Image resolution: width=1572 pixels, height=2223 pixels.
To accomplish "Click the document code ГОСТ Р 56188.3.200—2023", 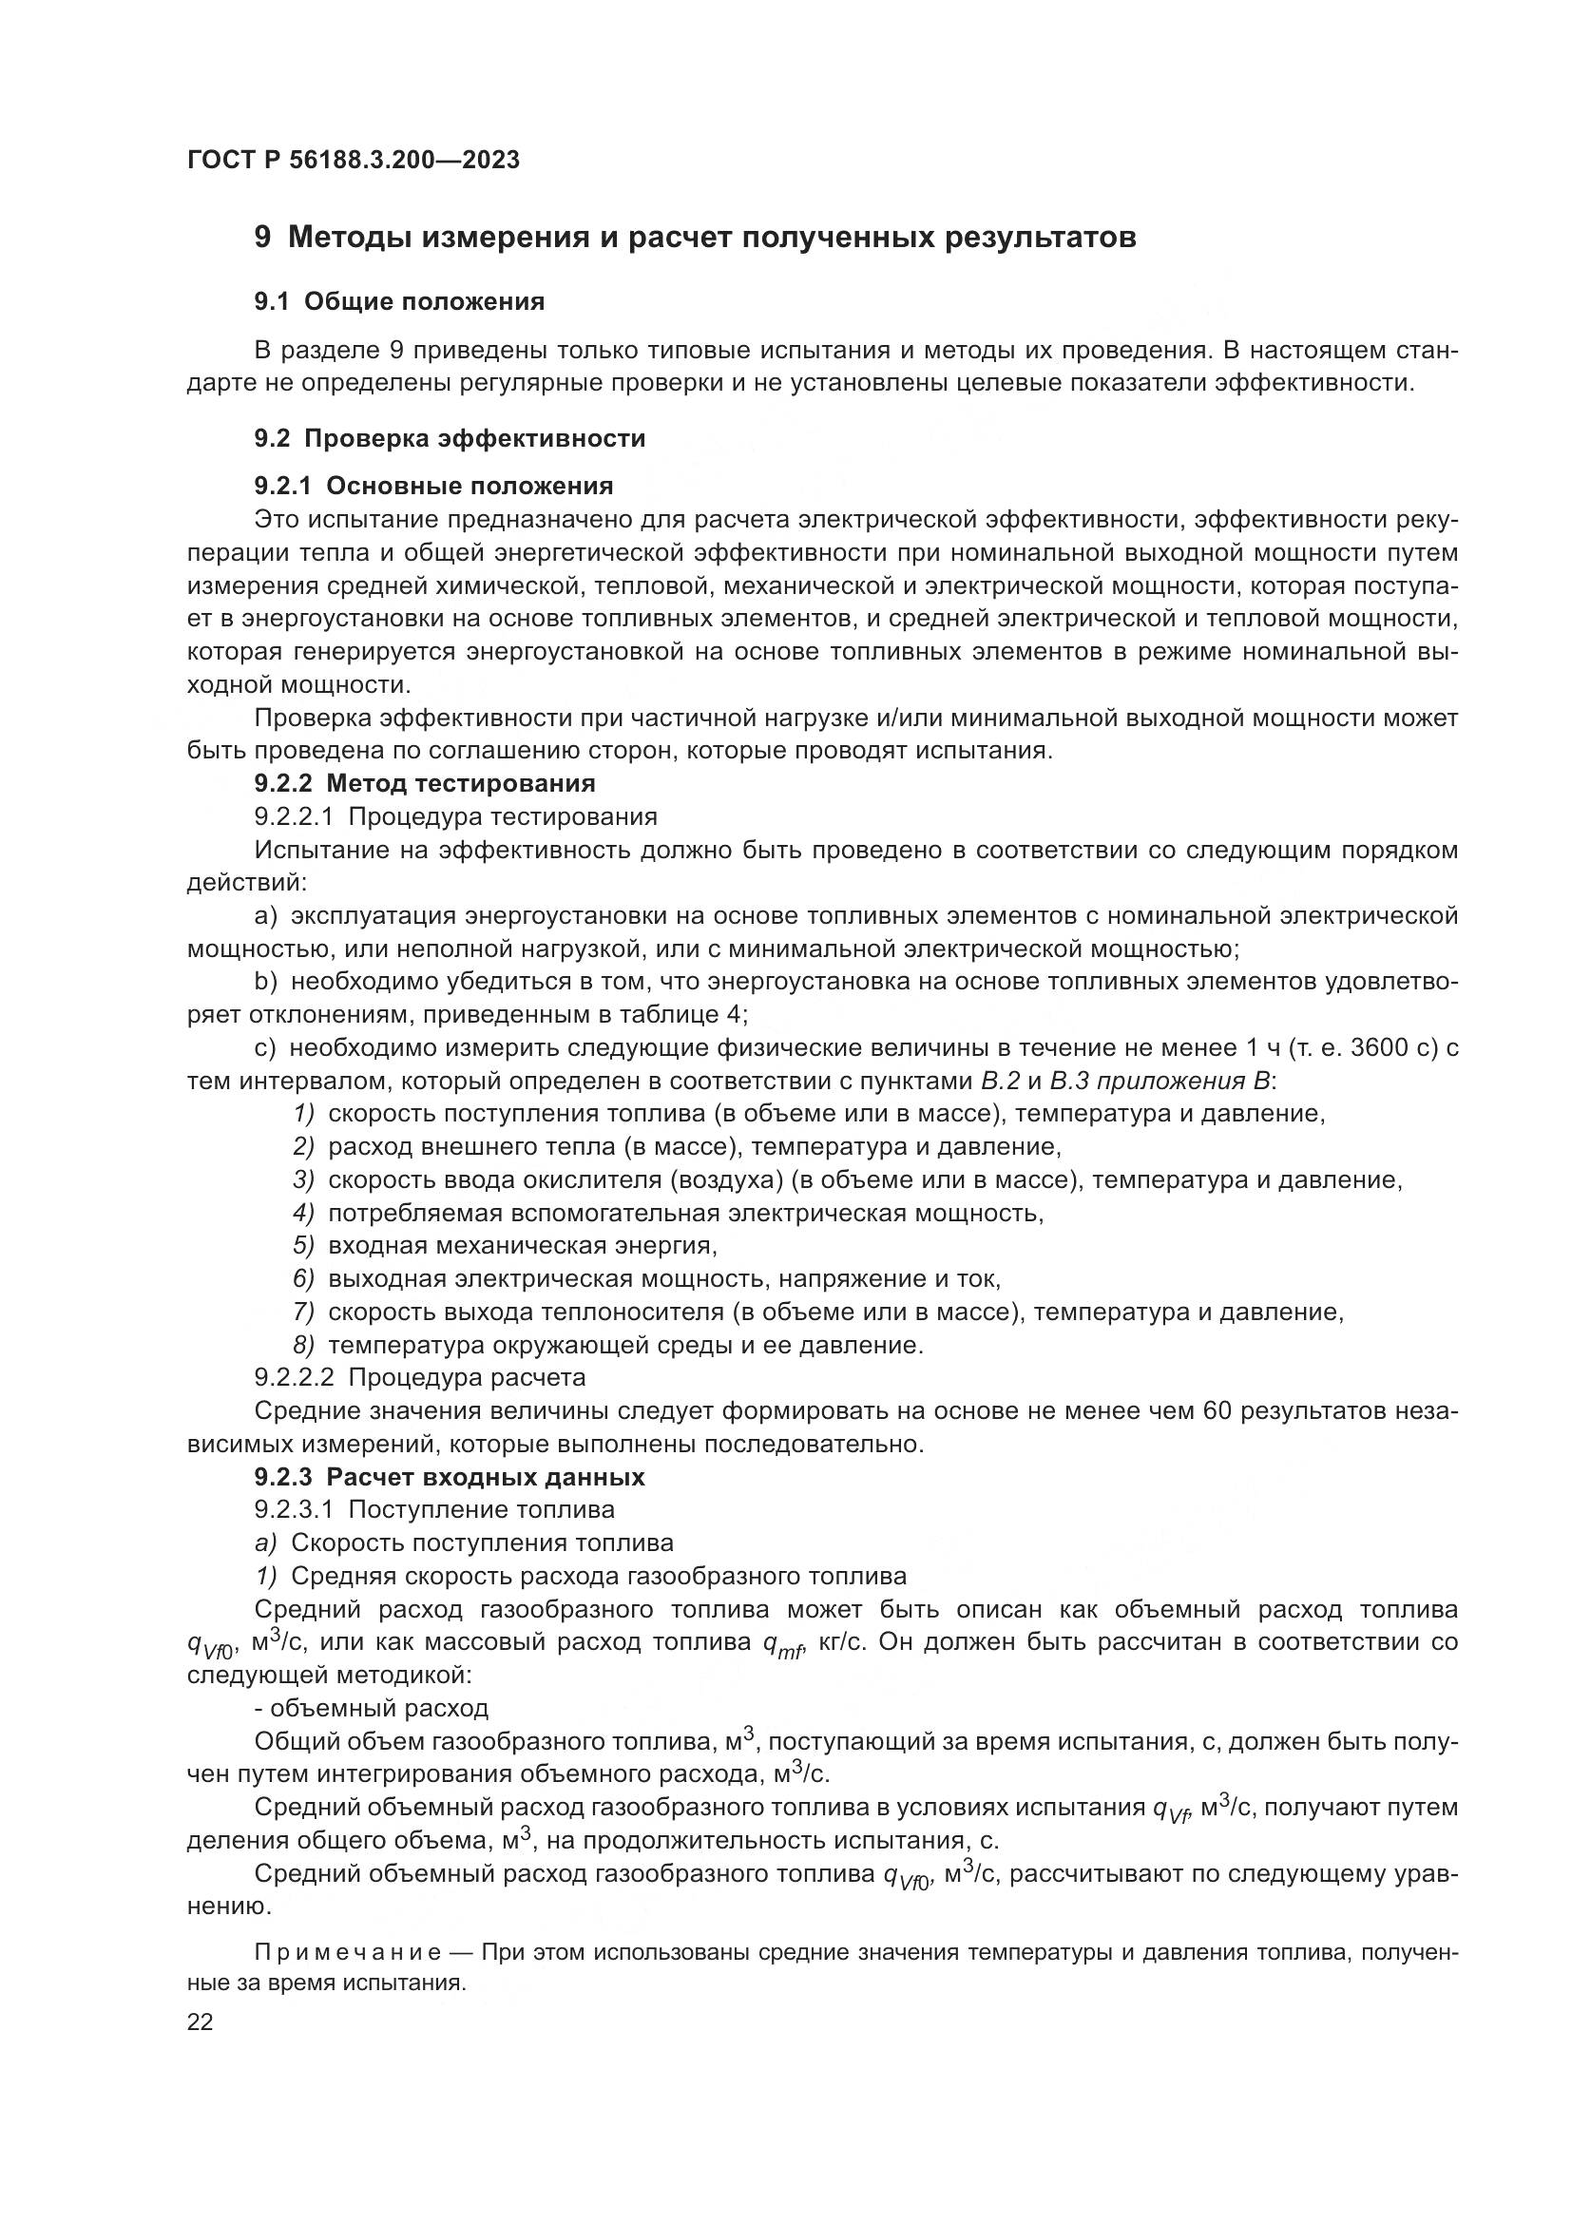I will pos(354,160).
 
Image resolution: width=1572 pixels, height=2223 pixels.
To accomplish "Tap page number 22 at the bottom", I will pos(200,2022).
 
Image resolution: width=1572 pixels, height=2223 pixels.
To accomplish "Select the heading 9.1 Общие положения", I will pos(399,301).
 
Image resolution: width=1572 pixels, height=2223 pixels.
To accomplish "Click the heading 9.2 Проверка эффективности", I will pos(450,437).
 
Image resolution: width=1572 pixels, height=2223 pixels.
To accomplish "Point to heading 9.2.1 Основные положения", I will pos(433,485).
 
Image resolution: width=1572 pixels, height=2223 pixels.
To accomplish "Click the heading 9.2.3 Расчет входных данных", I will pos(450,1477).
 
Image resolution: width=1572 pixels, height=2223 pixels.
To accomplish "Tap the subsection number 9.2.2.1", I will pos(294,816).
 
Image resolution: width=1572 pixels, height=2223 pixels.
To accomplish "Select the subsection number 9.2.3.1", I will pos(294,1509).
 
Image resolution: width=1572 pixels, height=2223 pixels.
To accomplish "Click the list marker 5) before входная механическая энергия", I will pos(304,1245).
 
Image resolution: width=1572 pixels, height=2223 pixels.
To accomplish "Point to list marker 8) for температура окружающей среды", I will pos(304,1345).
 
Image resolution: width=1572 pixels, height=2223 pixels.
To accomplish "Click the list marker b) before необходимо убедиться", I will pos(265,982).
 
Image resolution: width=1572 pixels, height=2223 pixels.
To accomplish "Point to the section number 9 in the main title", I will pos(262,238).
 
